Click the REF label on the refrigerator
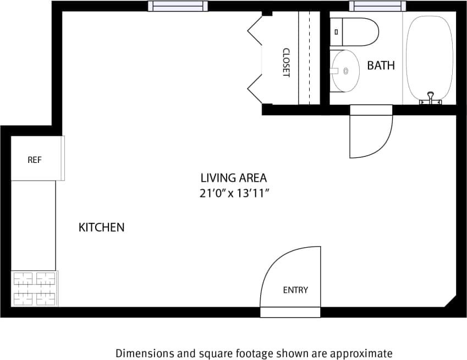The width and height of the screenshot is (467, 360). click(35, 160)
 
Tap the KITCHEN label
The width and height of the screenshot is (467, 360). click(101, 227)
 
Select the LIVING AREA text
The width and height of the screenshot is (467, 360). click(233, 178)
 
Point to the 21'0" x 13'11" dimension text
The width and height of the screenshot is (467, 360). click(233, 193)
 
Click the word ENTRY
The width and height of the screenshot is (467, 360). click(295, 290)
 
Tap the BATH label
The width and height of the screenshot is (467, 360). click(381, 66)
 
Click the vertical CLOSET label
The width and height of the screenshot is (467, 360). click(286, 62)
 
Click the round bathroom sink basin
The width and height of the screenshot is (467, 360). click(345, 70)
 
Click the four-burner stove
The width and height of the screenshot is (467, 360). click(35, 288)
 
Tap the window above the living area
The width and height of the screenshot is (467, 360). click(178, 6)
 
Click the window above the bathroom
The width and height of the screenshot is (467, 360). click(377, 6)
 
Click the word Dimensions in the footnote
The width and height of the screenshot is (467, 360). click(142, 353)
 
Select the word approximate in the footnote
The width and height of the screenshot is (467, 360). click(365, 353)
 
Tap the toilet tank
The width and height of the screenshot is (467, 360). click(336, 32)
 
